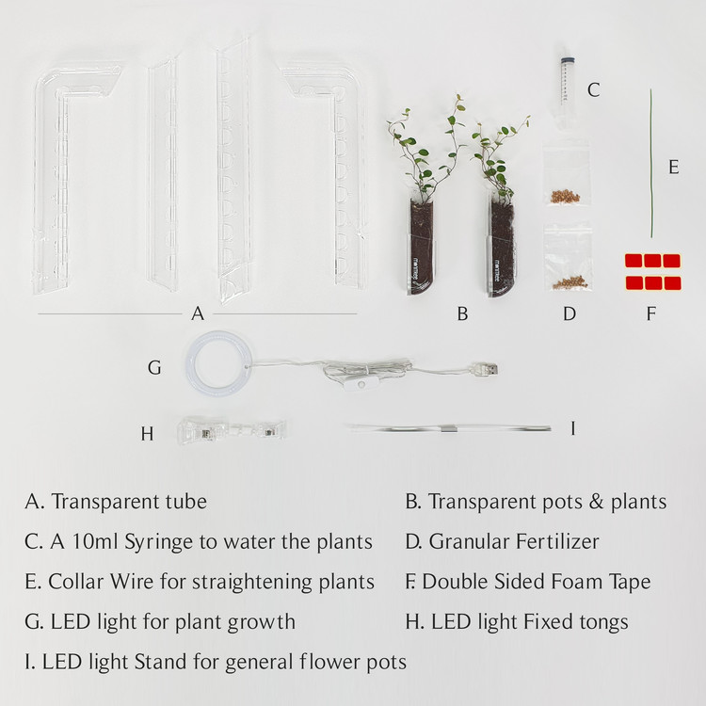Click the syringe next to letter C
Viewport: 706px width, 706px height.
click(x=565, y=83)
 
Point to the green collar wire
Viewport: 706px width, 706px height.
click(x=651, y=163)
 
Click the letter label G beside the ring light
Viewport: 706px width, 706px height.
click(x=154, y=368)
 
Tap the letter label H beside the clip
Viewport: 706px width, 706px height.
click(x=147, y=434)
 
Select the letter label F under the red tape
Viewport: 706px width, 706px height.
click(x=650, y=313)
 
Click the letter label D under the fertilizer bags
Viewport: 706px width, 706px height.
click(x=570, y=313)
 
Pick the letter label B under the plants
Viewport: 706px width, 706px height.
click(x=462, y=313)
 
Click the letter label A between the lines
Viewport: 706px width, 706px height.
click(x=198, y=313)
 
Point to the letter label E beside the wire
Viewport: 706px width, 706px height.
click(x=674, y=167)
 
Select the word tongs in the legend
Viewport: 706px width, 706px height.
click(x=603, y=623)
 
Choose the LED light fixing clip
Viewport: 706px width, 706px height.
click(x=232, y=431)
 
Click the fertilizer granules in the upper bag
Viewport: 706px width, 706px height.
click(x=565, y=197)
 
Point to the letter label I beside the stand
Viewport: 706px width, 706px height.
click(x=572, y=428)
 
